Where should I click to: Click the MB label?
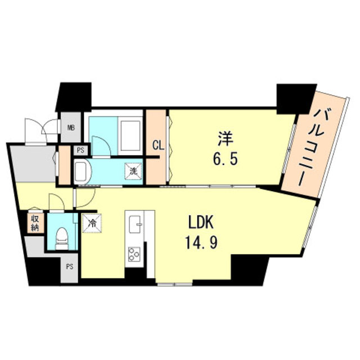pyautogui.click(x=71, y=128)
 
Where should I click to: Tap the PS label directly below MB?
pyautogui.click(x=80, y=150)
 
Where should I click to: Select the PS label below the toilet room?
pyautogui.click(x=70, y=267)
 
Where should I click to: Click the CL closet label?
pyautogui.click(x=157, y=146)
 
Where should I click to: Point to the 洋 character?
pyautogui.click(x=226, y=136)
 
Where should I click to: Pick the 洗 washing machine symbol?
pyautogui.click(x=133, y=168)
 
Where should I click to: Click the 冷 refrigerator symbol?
pyautogui.click(x=92, y=223)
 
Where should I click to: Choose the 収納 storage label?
pyautogui.click(x=34, y=223)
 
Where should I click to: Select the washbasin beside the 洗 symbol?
pyautogui.click(x=82, y=170)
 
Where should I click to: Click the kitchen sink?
pyautogui.click(x=136, y=226)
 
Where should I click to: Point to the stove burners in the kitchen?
pyautogui.click(x=136, y=254)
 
